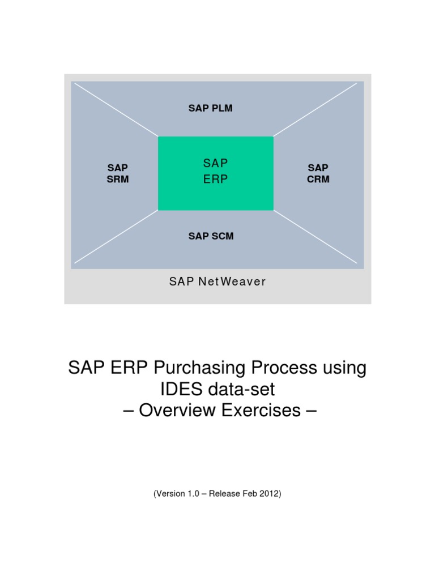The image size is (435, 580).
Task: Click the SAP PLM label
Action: [210, 108]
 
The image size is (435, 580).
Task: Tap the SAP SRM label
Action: [118, 173]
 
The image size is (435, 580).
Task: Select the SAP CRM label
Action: [318, 173]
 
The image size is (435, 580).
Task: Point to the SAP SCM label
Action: [211, 236]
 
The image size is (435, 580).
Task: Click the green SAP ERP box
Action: [215, 173]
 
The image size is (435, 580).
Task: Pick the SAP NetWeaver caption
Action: [217, 282]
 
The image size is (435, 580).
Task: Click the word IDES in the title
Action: [174, 389]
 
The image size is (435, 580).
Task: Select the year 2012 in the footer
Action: [268, 494]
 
